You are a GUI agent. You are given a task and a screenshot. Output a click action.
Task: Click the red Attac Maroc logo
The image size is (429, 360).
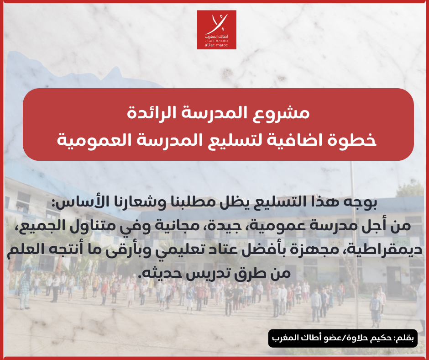216,30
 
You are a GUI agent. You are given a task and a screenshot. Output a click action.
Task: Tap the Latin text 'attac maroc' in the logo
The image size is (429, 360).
216,45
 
